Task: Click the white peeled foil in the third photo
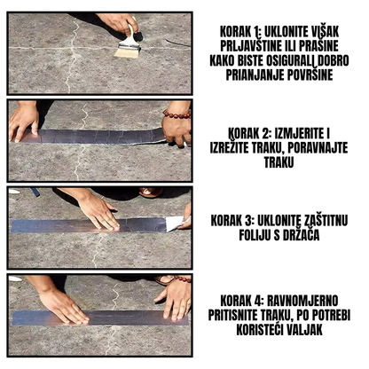(x=174, y=223)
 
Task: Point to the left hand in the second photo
(x=23, y=120)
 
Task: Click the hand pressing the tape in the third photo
(x=96, y=211)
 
